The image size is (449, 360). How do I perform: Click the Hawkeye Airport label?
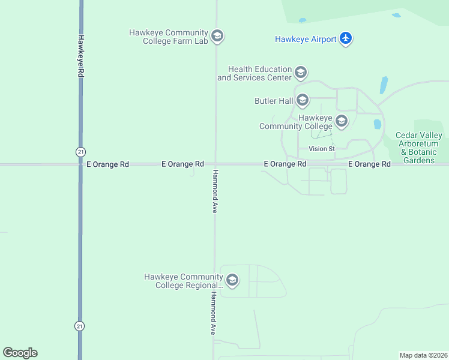pos(306,39)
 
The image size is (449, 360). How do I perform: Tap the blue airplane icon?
pos(345,38)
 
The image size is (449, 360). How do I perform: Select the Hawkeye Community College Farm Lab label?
pos(169,37)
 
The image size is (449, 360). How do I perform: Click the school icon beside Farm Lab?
pos(217,37)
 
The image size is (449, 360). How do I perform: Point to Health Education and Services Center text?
pos(255,73)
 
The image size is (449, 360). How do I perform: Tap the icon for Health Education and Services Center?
pos(301,73)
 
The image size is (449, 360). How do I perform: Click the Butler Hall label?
pos(273,101)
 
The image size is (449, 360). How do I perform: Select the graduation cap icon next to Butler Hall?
pos(302,100)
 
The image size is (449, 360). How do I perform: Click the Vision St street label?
pos(321,149)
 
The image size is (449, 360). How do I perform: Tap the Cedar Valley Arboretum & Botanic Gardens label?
pos(419,148)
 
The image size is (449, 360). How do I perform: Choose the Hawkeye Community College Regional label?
pos(184,281)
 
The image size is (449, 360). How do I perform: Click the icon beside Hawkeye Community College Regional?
pos(232,280)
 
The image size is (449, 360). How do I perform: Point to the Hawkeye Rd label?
pos(80,55)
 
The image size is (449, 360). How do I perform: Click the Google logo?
pos(20,352)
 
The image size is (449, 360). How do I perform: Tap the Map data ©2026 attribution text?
pos(424,355)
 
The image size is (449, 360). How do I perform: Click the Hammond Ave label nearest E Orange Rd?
pos(214,191)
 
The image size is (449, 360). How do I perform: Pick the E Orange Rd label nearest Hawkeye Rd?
pos(107,164)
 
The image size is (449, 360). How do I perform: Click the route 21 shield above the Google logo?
pos(80,326)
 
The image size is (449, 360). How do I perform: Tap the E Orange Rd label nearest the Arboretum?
pos(370,164)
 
